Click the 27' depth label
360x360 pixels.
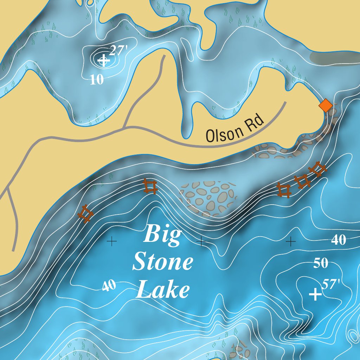coord(117,51)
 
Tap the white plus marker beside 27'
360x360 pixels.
coord(103,60)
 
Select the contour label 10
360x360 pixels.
coord(97,80)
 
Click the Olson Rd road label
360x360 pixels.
coord(235,129)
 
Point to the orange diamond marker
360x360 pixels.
coord(326,105)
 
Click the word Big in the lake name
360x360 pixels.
coord(163,234)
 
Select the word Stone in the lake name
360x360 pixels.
coord(163,263)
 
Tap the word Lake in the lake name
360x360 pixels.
coord(163,291)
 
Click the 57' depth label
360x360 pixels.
coord(330,284)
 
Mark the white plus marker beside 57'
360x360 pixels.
coord(315,294)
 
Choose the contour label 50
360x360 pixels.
coord(321,263)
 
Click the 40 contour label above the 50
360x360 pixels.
coord(338,240)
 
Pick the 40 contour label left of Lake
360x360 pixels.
coord(109,286)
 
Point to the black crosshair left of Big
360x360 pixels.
coord(111,241)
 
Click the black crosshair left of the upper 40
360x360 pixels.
coord(290,241)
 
